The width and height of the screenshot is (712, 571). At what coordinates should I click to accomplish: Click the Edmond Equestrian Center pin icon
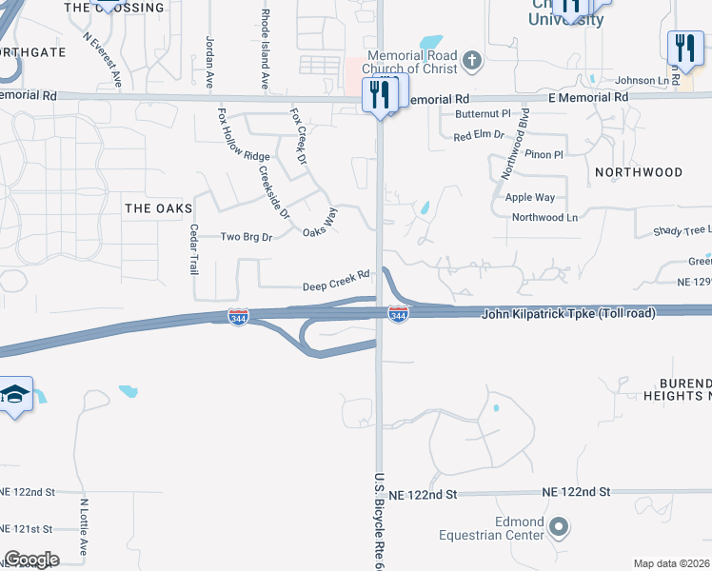[559, 526]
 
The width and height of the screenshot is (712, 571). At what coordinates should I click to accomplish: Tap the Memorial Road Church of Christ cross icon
[471, 63]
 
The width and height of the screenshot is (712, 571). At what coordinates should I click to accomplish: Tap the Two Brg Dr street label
[247, 237]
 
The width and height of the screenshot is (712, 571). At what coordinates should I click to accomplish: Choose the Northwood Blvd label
[515, 145]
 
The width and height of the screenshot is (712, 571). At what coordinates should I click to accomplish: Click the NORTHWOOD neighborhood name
[639, 172]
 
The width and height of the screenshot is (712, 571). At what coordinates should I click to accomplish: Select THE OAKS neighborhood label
[158, 207]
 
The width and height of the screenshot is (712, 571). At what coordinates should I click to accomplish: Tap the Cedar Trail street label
[194, 248]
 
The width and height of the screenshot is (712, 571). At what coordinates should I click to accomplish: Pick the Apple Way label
[530, 197]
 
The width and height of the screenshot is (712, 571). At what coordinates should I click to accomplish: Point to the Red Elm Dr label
[479, 136]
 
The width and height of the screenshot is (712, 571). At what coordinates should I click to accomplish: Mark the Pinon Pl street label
[544, 154]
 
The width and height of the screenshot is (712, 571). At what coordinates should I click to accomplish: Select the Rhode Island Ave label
[266, 49]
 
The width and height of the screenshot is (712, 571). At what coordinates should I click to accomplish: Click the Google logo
[31, 559]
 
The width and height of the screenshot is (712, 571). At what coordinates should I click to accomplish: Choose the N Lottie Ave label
[85, 528]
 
